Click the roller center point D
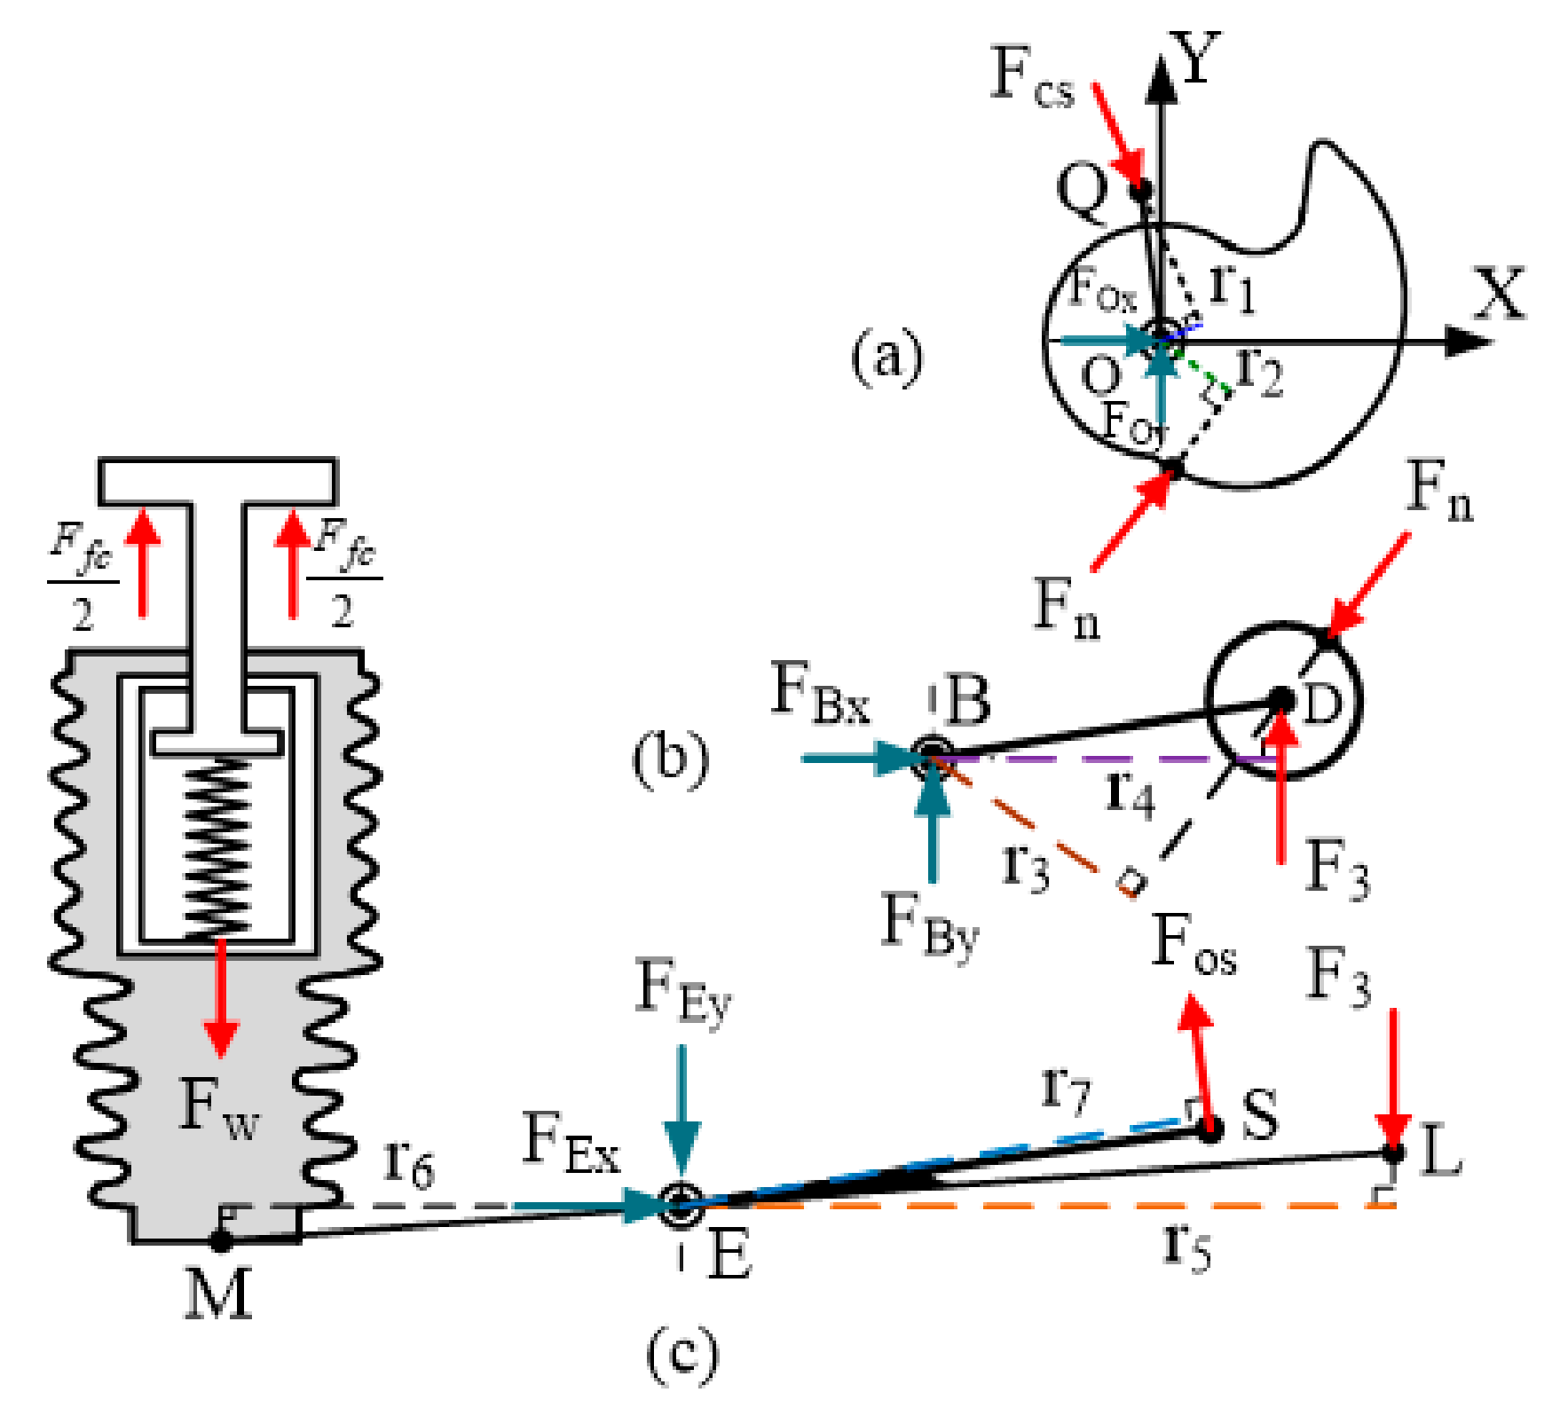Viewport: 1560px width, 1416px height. click(1280, 700)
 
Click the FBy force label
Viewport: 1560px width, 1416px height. click(929, 924)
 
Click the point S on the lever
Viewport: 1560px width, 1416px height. click(1209, 1129)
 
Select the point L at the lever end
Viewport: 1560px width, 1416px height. click(1393, 1153)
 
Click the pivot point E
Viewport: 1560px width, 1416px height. click(681, 1205)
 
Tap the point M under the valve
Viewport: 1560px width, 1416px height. click(220, 1240)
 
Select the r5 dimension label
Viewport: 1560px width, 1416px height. click(1186, 1247)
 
